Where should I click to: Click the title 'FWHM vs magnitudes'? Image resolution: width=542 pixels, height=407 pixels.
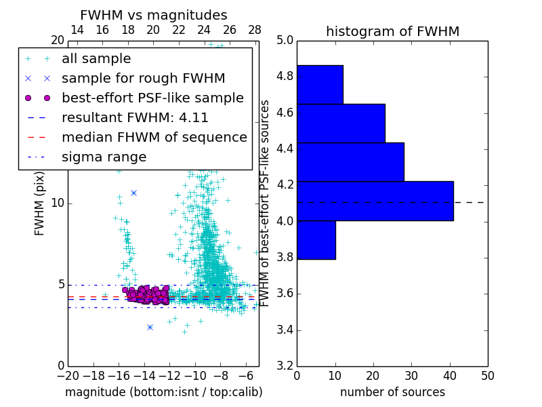pos(154,15)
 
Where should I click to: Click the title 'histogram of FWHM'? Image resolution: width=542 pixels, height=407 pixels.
pos(392,31)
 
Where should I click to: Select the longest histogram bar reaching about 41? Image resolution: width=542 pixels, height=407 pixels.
pos(375,201)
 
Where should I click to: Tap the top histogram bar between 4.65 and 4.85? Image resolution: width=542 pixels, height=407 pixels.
pos(320,84)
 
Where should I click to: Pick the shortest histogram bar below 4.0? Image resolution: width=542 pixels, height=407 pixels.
pos(316,239)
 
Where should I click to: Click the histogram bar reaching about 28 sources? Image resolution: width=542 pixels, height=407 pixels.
pos(350,161)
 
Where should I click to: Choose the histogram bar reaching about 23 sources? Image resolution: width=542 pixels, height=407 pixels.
pos(341,123)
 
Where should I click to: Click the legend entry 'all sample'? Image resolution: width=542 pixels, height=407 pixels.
pos(96,59)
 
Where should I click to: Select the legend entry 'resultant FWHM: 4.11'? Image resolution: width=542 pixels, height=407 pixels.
pos(135,117)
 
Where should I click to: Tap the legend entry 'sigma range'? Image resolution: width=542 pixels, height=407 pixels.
pos(104,157)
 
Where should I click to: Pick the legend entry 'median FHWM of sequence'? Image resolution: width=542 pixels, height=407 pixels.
pos(154,137)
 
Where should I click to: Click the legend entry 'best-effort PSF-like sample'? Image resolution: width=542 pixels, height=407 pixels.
pos(152,98)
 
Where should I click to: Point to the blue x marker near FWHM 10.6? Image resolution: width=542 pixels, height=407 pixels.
pos(133,193)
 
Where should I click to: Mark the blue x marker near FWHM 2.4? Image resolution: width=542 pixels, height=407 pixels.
pos(150,327)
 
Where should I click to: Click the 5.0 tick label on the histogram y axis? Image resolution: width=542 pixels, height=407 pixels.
pos(285,41)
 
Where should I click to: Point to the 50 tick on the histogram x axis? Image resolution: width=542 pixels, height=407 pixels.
pos(487,375)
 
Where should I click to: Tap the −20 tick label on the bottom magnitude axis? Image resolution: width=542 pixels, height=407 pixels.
pos(68,375)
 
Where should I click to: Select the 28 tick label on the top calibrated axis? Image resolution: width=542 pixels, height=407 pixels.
pos(255,30)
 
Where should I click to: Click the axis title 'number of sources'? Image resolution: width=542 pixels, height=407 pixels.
pos(392,392)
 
